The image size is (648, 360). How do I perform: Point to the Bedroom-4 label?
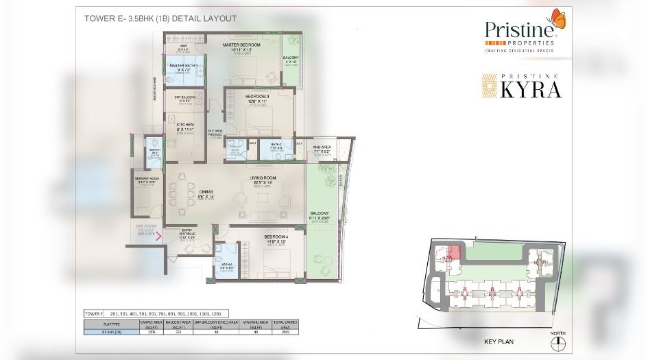point(274,239)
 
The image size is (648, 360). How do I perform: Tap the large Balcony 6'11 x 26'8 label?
point(320,215)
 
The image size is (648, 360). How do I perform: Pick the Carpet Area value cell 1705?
point(150,332)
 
